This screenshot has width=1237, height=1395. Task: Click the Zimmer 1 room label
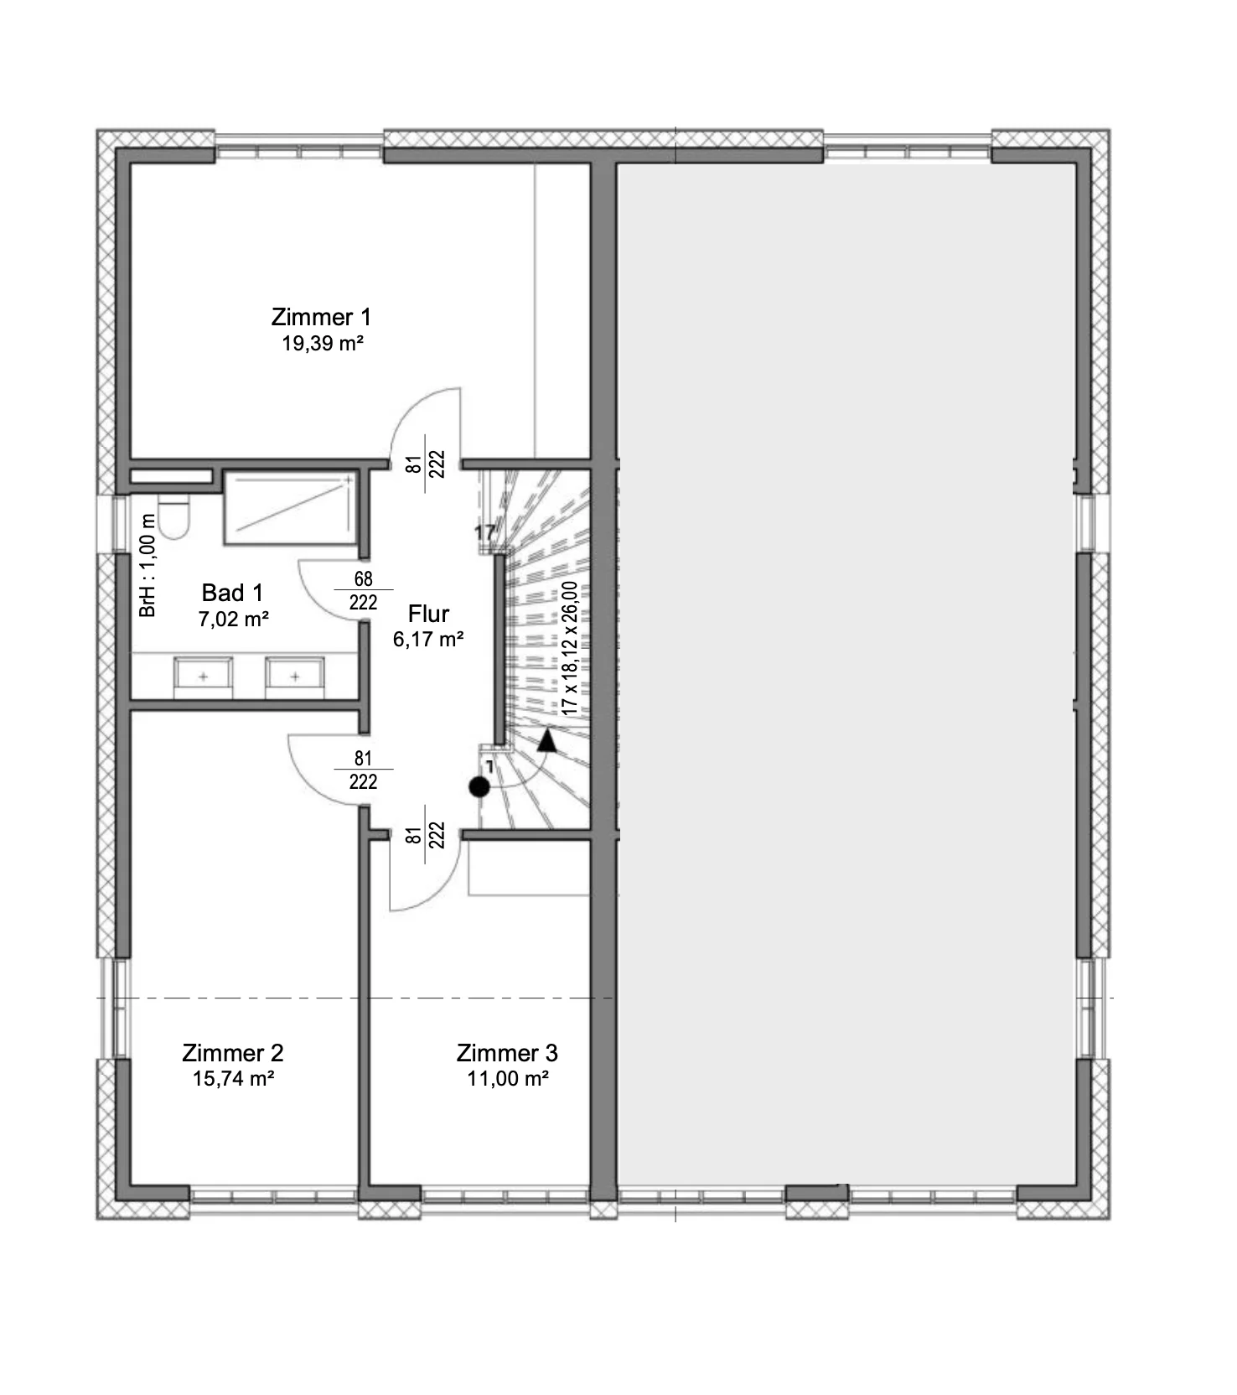[321, 318]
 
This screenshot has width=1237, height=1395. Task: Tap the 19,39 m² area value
[323, 343]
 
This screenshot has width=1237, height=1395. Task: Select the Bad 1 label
[233, 594]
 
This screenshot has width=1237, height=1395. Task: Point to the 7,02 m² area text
[234, 620]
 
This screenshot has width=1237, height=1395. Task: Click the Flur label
[429, 614]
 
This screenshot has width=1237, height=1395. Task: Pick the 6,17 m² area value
[429, 640]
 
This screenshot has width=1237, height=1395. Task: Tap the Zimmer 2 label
[233, 1053]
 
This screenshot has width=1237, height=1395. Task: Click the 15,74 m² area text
[234, 1078]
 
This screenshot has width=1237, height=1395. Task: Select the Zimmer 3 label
[507, 1053]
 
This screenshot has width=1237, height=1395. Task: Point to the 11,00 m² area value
[508, 1078]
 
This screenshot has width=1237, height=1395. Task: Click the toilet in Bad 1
[174, 516]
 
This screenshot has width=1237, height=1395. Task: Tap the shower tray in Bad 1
[289, 508]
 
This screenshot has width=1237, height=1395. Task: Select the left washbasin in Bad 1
[203, 677]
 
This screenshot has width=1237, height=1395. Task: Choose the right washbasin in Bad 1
[294, 677]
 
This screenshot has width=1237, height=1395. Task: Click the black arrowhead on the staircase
[546, 739]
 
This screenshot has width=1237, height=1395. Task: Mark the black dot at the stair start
[479, 787]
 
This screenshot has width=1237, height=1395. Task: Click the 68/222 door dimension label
[363, 591]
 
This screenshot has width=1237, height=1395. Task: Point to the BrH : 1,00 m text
[148, 566]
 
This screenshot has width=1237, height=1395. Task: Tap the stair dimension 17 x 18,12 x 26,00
[570, 648]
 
